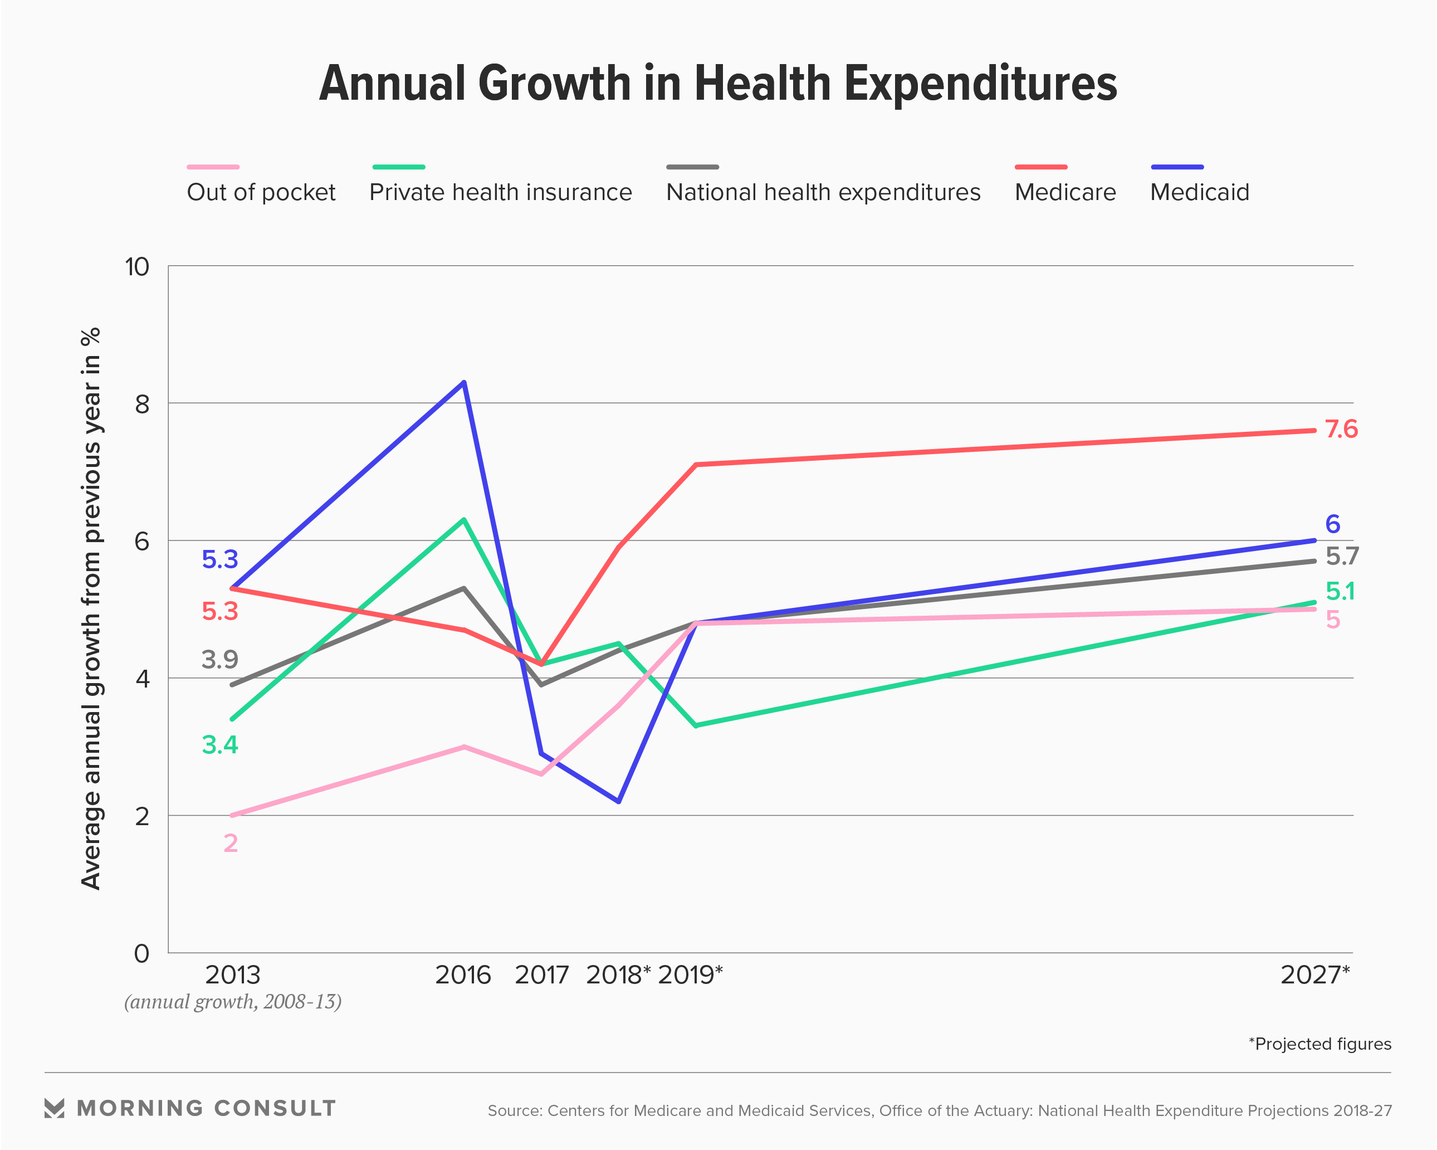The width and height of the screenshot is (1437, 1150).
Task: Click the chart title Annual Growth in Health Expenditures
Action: tap(718, 84)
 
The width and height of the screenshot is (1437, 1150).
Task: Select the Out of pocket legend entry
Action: tap(261, 192)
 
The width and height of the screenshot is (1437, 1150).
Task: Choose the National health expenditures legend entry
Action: tap(823, 192)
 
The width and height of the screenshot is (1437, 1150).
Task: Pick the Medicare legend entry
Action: tap(1065, 192)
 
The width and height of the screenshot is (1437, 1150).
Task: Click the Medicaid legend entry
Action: tap(1199, 192)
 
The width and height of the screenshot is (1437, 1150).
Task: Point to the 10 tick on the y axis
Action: tap(138, 267)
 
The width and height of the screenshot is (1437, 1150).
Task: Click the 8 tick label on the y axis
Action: tap(142, 404)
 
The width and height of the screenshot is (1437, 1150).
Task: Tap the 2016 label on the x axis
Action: tap(462, 974)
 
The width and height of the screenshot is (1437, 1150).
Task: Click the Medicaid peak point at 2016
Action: tap(464, 383)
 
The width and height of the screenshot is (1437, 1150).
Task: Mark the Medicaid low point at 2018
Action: tap(619, 801)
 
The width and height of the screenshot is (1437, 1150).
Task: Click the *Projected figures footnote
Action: tap(1319, 1044)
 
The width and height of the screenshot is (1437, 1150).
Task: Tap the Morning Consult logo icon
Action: tap(55, 1108)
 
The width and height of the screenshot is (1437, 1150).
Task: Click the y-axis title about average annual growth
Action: tap(91, 608)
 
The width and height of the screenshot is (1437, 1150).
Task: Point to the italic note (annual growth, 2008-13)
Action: tap(233, 1002)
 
